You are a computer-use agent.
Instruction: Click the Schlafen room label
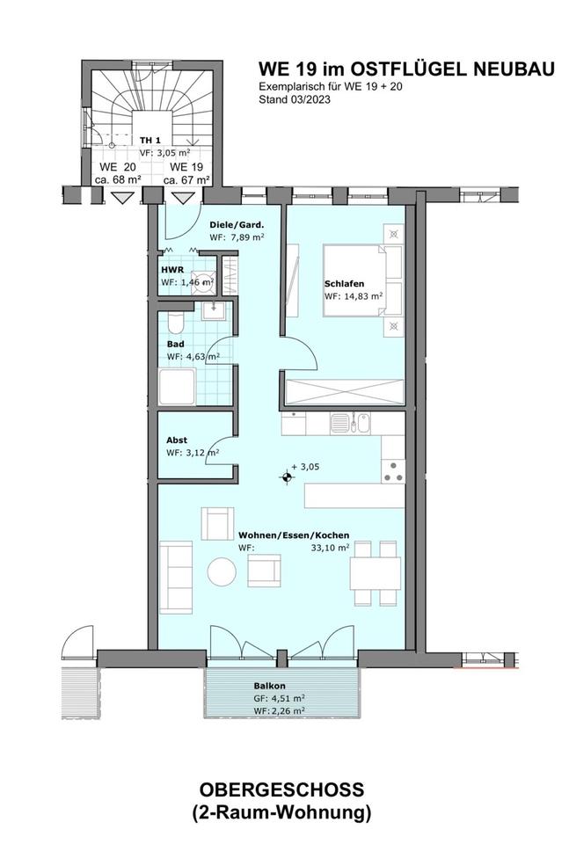point(344,284)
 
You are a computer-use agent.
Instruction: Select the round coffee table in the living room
point(222,571)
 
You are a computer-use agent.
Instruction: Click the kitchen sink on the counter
point(350,423)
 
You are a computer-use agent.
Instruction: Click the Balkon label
point(270,686)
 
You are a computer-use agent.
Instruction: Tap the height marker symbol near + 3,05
point(287,477)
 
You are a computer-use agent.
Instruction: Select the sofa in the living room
point(176,577)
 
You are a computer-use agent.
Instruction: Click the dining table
point(376,574)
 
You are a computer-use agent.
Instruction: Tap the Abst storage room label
point(177,440)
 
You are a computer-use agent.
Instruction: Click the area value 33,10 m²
point(330,548)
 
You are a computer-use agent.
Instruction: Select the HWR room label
point(172,270)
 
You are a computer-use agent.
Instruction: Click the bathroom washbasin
point(213,310)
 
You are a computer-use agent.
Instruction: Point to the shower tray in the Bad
point(177,387)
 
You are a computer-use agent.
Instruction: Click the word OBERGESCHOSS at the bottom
point(281,790)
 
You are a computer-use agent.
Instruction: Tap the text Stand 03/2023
point(295,99)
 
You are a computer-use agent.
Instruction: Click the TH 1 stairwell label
point(150,141)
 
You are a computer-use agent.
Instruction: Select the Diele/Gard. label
point(237,225)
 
